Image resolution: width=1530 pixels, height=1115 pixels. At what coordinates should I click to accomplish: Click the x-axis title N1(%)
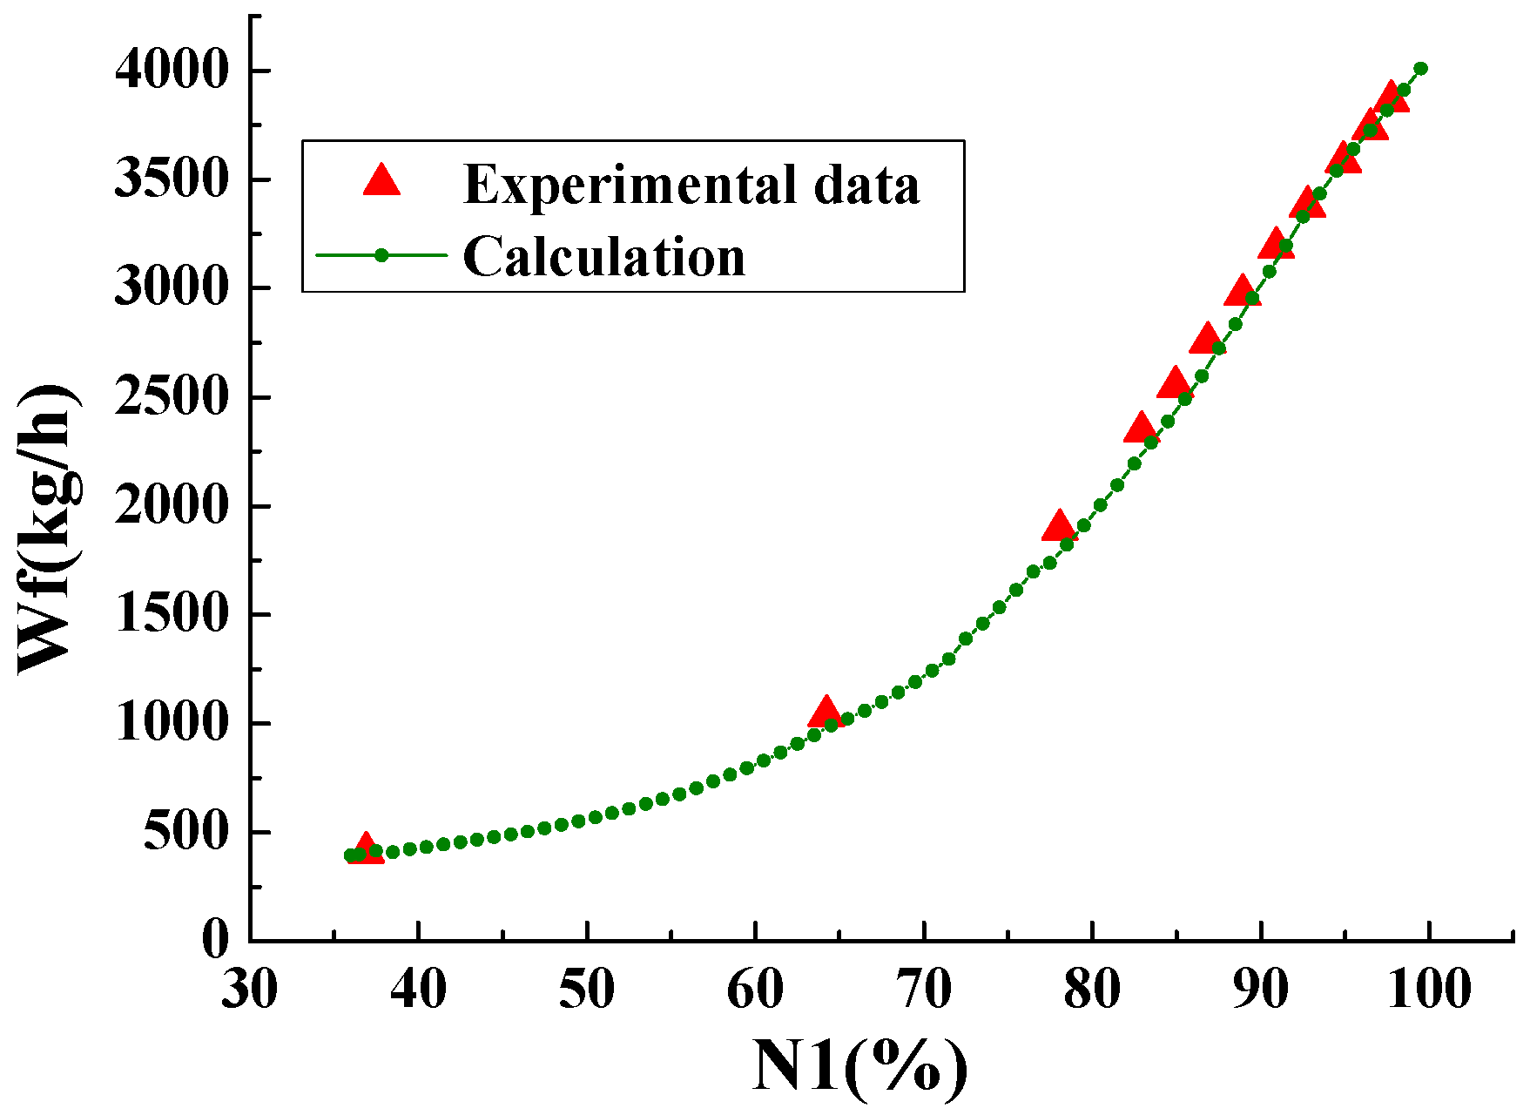tap(860, 1066)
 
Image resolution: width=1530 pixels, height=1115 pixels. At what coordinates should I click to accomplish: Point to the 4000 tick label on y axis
tap(172, 70)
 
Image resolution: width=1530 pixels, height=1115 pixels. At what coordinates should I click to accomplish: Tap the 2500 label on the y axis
tap(172, 397)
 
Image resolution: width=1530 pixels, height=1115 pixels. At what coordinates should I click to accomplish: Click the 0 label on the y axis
tap(215, 940)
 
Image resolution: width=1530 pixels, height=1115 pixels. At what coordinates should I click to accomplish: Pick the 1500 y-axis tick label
tap(172, 614)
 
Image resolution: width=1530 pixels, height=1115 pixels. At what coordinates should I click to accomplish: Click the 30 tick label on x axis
tap(250, 991)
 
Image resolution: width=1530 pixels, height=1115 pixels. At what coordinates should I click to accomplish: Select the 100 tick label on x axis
tap(1428, 991)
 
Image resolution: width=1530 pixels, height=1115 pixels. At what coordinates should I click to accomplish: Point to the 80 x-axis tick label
tap(1092, 991)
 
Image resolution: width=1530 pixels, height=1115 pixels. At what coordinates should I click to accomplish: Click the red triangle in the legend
tap(381, 180)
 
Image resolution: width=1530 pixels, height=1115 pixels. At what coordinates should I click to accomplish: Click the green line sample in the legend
tap(381, 255)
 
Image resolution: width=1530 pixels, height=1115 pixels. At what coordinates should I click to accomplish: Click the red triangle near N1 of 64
tap(825, 713)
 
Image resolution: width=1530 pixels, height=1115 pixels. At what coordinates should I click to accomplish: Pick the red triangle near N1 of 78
tap(1059, 526)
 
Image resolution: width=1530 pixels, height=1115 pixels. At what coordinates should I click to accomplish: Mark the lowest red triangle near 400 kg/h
tap(367, 848)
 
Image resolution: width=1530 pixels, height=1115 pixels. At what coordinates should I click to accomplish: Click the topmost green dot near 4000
tap(1420, 68)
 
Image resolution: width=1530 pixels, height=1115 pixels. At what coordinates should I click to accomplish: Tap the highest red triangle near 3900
tap(1391, 97)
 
